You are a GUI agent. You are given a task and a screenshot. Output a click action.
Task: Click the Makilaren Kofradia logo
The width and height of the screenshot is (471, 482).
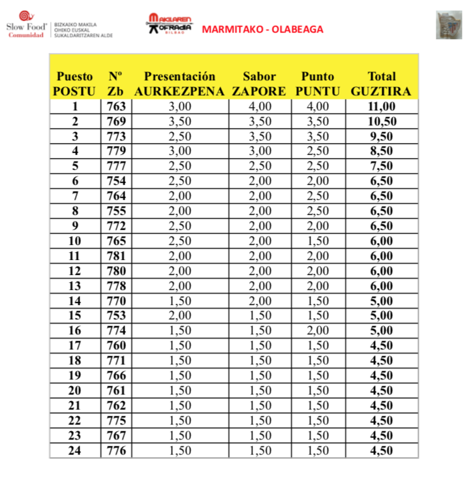click(169, 24)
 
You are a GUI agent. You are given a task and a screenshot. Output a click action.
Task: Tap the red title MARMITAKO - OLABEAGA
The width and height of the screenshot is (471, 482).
click(262, 29)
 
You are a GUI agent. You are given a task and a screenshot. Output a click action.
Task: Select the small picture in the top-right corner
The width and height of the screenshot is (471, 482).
click(449, 25)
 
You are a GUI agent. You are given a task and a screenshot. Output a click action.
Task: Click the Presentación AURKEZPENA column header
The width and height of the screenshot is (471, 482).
click(179, 84)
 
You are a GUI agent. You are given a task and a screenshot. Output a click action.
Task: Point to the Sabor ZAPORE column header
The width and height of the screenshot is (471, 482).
click(259, 84)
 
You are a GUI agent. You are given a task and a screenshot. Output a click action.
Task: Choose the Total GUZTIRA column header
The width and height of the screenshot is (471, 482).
click(381, 84)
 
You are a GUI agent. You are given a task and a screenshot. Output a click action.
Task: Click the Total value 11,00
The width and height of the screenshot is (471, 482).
click(381, 106)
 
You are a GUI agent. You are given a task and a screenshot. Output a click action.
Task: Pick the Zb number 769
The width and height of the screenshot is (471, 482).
click(115, 121)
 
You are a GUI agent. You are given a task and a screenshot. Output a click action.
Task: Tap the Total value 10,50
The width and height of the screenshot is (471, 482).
click(381, 121)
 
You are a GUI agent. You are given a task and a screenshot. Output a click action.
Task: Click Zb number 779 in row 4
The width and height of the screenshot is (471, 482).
click(115, 152)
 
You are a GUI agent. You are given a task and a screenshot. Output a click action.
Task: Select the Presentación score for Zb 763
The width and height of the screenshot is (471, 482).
click(179, 106)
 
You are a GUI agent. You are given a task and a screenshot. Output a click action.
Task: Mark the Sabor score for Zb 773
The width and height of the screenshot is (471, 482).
click(259, 137)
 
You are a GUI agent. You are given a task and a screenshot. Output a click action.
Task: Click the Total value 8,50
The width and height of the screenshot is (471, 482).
click(381, 152)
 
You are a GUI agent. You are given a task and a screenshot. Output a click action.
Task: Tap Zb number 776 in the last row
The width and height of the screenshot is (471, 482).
click(115, 450)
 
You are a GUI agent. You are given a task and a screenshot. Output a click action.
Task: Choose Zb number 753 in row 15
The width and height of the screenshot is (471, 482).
click(115, 315)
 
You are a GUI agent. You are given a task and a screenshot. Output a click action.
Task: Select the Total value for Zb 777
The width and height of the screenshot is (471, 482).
click(381, 167)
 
